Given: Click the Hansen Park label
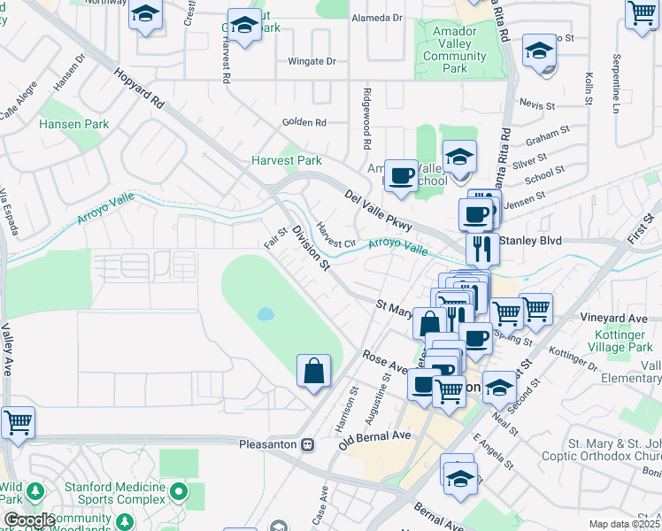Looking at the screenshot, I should tap(74, 125).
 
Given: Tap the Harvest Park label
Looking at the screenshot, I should tap(287, 160).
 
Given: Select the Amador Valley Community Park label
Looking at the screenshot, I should tap(455, 50).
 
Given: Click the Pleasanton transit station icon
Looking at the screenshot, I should tap(307, 444).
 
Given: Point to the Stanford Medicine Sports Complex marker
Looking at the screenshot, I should tap(181, 490).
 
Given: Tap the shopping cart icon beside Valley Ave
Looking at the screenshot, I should tap(18, 422).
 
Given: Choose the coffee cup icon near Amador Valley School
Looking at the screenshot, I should tap(401, 174).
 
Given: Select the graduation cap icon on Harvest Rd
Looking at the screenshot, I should tap(243, 24).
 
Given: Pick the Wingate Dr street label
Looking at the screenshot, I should tap(312, 62).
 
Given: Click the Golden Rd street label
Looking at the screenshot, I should tap(304, 122).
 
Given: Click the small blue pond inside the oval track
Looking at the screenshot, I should tap(266, 314).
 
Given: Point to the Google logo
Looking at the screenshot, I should tap(28, 520).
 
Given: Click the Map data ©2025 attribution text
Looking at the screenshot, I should tap(623, 524).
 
